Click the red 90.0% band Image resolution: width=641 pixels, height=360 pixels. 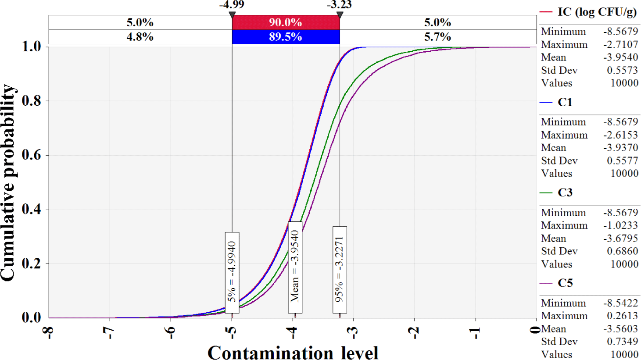285,22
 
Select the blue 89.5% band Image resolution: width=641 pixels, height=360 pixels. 285,37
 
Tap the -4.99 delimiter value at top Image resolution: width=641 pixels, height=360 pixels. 232,5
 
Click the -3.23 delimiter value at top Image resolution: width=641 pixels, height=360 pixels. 339,5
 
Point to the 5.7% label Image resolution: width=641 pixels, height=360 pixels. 437,37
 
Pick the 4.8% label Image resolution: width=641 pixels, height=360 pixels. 140,37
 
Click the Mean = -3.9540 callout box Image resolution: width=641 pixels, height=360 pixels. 295,267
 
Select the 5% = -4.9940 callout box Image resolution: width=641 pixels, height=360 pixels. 232,272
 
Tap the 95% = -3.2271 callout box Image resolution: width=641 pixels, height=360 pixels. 340,270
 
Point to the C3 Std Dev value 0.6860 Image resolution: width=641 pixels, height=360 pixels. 623,251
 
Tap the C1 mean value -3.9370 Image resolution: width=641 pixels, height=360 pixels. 620,148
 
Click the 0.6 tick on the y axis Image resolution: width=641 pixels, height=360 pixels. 32,155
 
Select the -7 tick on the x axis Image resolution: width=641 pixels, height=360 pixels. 109,333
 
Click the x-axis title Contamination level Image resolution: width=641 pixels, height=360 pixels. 293,353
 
